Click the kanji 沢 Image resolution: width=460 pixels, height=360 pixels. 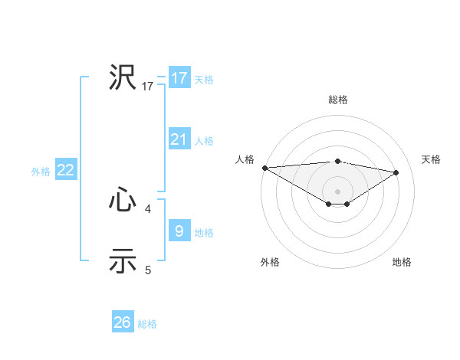click(x=123, y=77)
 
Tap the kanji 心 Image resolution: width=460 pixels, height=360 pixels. click(x=123, y=201)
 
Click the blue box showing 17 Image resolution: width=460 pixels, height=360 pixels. click(x=179, y=78)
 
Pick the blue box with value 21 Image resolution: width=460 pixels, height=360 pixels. click(x=179, y=139)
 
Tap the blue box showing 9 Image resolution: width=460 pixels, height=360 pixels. click(x=179, y=231)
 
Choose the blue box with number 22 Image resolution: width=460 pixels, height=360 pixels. click(x=65, y=170)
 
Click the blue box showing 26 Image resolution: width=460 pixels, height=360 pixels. click(x=122, y=322)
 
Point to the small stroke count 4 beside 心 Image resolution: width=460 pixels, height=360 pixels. click(x=148, y=208)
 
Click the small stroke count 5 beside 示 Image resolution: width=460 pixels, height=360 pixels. click(x=148, y=270)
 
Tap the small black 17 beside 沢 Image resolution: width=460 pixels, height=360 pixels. click(x=148, y=87)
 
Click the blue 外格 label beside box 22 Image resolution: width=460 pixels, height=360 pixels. click(x=41, y=172)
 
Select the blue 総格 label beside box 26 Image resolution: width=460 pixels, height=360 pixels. click(x=147, y=324)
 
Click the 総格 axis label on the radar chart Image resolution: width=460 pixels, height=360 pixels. click(x=337, y=100)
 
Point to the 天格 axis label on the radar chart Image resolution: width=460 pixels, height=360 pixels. click(x=431, y=159)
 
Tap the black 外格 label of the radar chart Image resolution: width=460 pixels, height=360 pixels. click(x=270, y=263)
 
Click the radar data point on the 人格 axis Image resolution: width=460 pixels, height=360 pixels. click(x=264, y=167)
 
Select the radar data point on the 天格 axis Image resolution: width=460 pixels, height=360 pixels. click(x=396, y=172)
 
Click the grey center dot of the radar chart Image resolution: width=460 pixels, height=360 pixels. click(x=337, y=190)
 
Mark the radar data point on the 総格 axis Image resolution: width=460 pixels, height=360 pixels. click(x=337, y=161)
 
